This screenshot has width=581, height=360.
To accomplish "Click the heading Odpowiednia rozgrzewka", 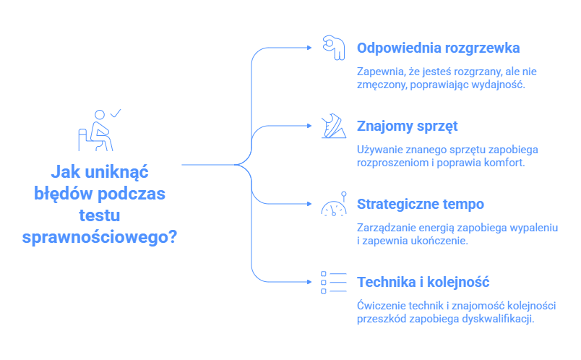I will pyautogui.click(x=438, y=48).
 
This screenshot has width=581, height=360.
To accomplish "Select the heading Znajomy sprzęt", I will pyautogui.click(x=408, y=126).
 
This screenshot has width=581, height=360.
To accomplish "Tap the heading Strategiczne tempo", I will pyautogui.click(x=420, y=204).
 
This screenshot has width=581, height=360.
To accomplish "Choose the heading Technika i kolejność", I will pyautogui.click(x=423, y=282).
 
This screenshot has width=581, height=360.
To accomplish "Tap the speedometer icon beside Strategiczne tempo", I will pyautogui.click(x=333, y=207).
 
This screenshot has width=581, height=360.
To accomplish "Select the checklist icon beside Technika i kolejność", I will pyautogui.click(x=333, y=283).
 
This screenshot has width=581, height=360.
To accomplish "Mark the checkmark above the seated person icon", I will pyautogui.click(x=115, y=113).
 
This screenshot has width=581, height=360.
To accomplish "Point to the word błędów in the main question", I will pyautogui.click(x=63, y=194).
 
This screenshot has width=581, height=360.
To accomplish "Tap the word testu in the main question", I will pyautogui.click(x=100, y=215).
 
